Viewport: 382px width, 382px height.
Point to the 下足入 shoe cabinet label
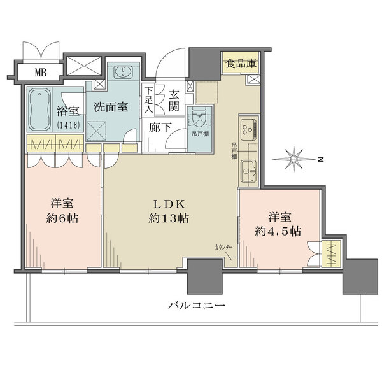click(x=148, y=101)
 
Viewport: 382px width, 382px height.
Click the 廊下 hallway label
click(x=160, y=127)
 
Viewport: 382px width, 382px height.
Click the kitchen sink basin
click(x=248, y=170)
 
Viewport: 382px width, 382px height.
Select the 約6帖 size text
click(x=65, y=218)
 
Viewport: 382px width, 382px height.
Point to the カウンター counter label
click(x=223, y=245)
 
